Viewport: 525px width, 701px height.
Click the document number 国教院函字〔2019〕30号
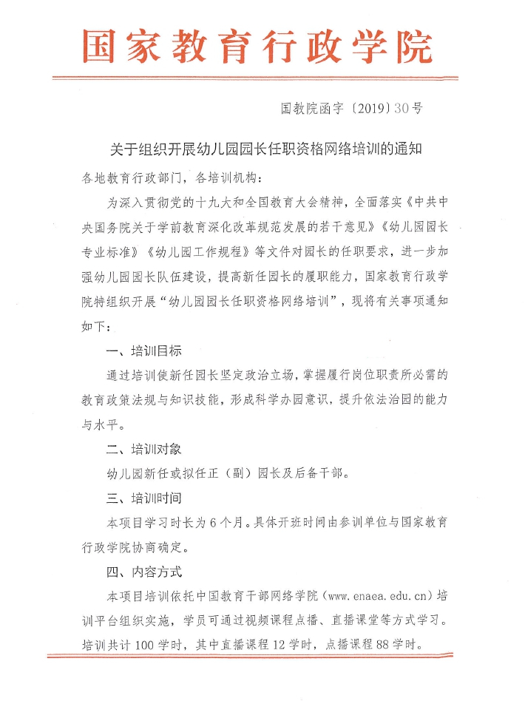352,109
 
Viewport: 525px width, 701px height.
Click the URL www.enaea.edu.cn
376,596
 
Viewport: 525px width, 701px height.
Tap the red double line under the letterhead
256,77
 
